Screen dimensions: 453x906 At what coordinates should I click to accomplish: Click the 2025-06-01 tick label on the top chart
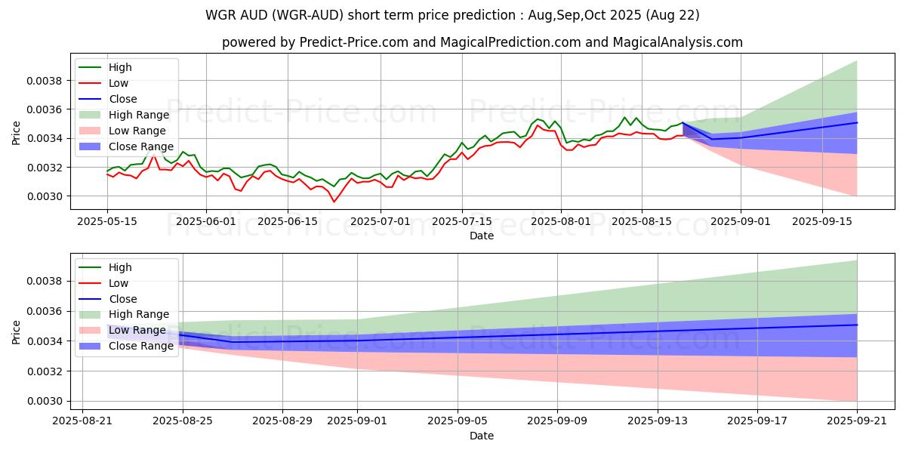click(206, 220)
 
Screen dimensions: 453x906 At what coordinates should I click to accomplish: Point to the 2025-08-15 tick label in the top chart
click(642, 220)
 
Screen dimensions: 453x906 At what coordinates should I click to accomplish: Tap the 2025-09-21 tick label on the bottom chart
click(857, 421)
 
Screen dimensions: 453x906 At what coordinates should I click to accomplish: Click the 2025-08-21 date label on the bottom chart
click(82, 421)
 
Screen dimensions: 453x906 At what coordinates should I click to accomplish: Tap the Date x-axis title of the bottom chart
click(482, 436)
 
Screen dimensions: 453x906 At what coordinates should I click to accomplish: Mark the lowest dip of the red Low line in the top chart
click(334, 202)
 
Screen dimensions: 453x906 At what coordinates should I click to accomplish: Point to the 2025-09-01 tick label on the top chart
click(741, 220)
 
